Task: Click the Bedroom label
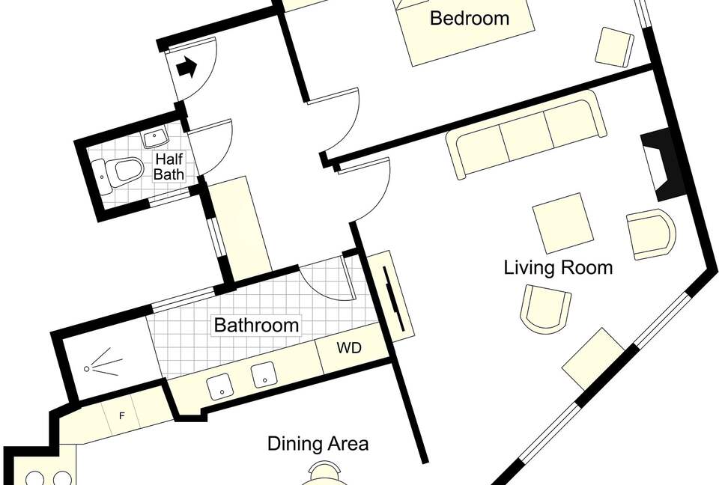(470, 18)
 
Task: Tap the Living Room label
(558, 267)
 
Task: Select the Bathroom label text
(256, 325)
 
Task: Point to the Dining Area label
(318, 444)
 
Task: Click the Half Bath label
(169, 166)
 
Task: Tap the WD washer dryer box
(351, 348)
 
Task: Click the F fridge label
(121, 416)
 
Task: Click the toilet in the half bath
(118, 171)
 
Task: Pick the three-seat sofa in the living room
(527, 134)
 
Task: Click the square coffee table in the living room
(563, 223)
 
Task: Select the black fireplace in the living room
(662, 164)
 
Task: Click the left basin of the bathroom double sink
(218, 386)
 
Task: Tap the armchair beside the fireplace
(651, 234)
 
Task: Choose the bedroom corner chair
(614, 47)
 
